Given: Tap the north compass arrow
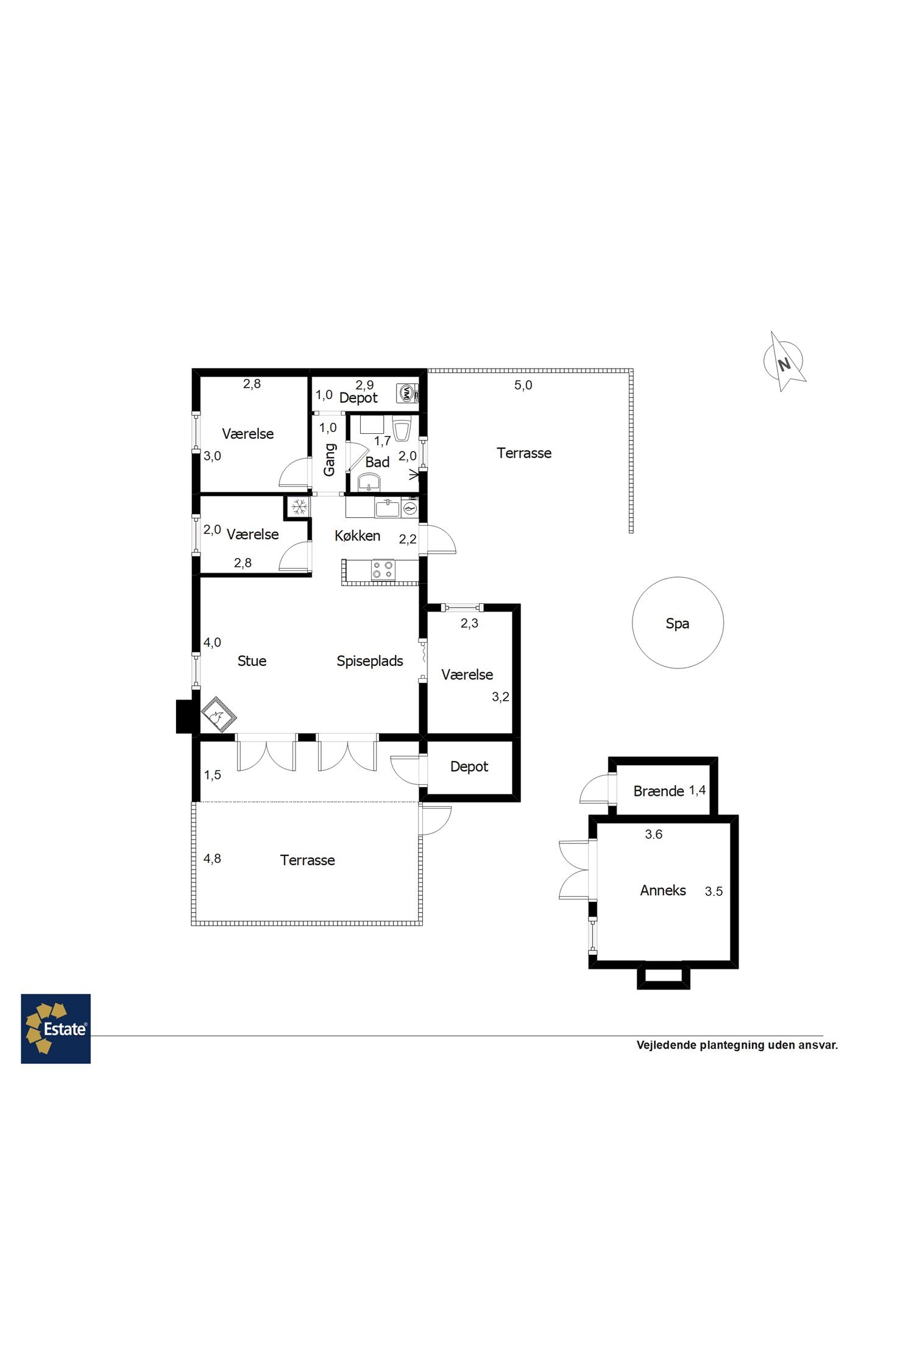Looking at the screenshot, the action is [784, 361].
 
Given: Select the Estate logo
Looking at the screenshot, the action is [55, 1029].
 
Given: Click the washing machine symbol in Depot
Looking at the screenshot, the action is [406, 393].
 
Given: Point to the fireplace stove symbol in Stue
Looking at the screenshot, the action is [219, 714].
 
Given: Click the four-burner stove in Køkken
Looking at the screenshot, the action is [383, 570].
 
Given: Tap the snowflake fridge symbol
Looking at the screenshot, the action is [299, 506].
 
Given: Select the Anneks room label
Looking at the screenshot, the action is [663, 890].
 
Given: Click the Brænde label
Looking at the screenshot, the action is [659, 791].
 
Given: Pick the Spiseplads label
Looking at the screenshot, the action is [370, 661].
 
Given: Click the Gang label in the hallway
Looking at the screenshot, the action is [329, 459].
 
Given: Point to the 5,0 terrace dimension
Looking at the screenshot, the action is [523, 385].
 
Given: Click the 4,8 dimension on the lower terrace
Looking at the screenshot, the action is [212, 859].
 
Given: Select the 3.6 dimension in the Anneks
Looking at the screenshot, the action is [654, 834].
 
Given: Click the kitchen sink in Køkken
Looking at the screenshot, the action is [388, 508].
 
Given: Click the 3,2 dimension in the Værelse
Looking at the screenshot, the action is [500, 697].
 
